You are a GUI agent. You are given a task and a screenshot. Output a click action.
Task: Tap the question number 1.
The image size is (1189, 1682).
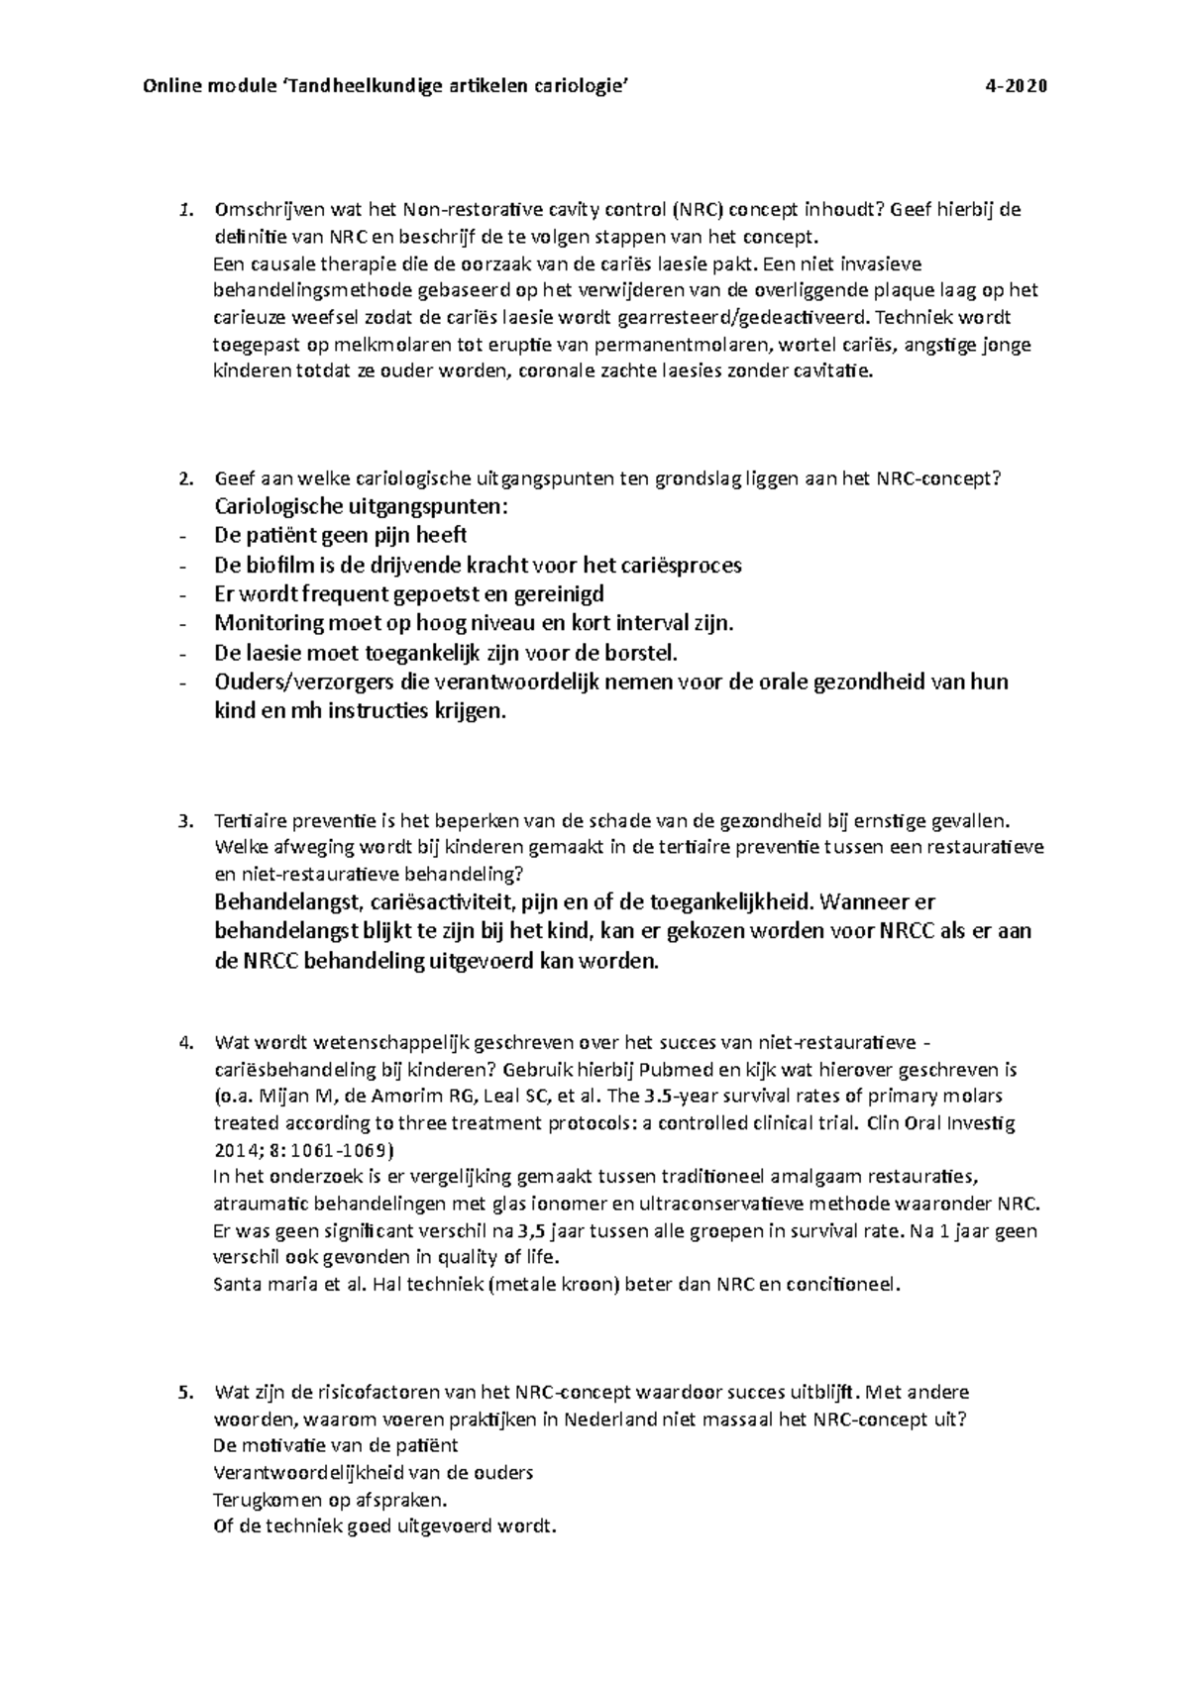pyautogui.click(x=181, y=210)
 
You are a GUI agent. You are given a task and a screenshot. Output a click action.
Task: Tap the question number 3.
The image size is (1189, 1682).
pyautogui.click(x=181, y=821)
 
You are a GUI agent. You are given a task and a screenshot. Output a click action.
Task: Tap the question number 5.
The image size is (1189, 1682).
pyautogui.click(x=181, y=1393)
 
